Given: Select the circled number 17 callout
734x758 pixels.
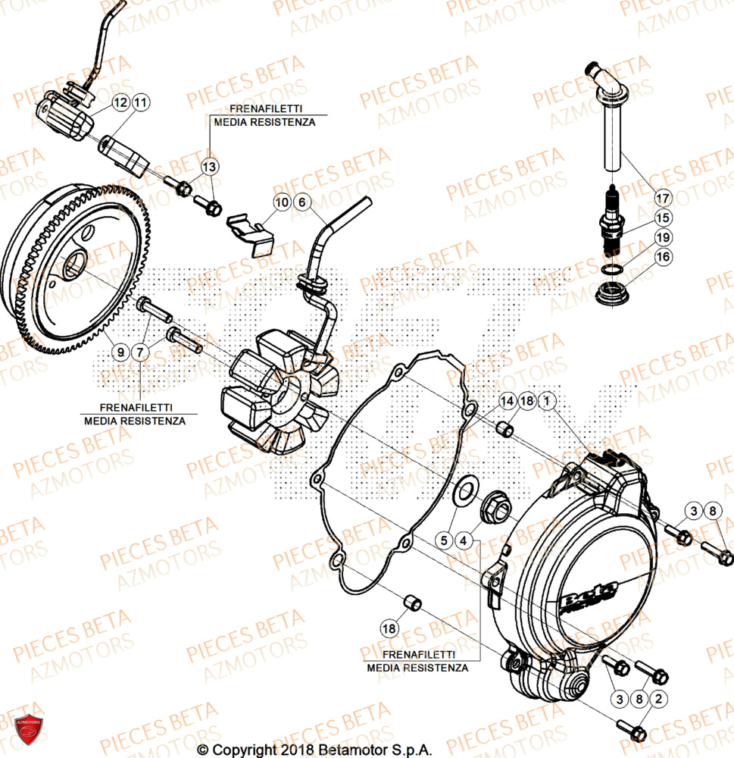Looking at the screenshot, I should tap(663, 199).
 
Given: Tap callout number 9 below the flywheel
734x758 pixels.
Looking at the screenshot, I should tap(120, 351).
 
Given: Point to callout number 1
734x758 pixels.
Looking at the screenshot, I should tap(548, 400).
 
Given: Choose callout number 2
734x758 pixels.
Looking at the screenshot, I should tap(659, 697).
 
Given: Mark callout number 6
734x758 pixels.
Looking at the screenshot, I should tap(301, 202).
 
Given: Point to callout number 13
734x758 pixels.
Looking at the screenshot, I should tap(210, 166).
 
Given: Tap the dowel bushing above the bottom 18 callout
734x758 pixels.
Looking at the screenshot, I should tap(411, 603).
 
